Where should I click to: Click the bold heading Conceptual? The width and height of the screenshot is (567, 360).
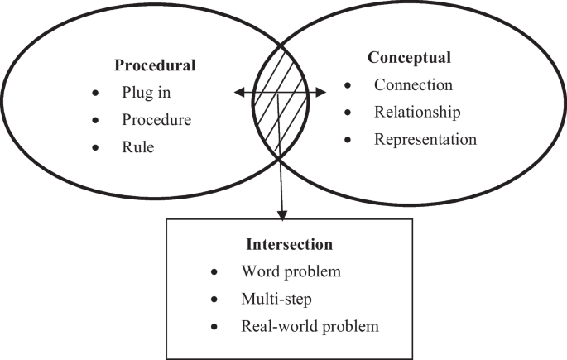tap(409, 58)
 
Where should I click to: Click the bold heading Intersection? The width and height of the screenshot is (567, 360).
tap(289, 245)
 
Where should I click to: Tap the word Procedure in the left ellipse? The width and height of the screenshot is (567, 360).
tap(156, 119)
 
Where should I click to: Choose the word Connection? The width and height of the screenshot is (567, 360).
tap(413, 84)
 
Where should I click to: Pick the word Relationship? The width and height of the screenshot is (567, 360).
tap(417, 112)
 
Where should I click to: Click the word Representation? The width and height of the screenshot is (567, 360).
tap(425, 139)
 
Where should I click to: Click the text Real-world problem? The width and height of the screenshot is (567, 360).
tap(310, 326)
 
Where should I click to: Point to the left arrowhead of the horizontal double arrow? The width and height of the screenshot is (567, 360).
tap(236, 93)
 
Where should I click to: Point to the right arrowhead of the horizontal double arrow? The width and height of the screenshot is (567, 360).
tap(334, 93)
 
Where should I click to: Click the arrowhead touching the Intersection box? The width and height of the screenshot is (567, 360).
tap(282, 214)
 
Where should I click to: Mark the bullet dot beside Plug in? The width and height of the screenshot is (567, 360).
tap(97, 93)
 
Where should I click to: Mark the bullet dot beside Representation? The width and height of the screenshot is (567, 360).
tap(349, 140)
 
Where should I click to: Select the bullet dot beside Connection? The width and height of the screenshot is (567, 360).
tap(349, 85)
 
